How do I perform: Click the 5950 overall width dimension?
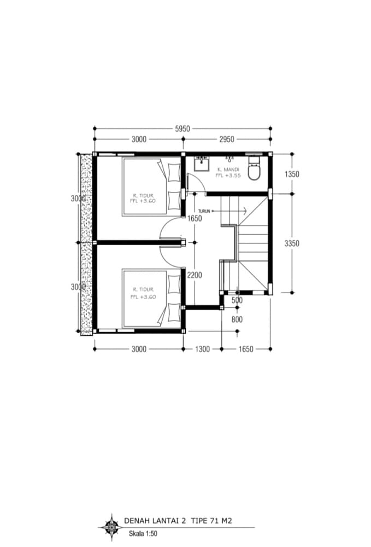[182, 129]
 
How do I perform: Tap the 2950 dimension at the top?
[227, 139]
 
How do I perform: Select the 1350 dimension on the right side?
[292, 174]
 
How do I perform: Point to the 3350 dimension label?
[292, 243]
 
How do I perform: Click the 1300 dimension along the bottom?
[202, 349]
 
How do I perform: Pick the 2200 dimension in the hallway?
[195, 275]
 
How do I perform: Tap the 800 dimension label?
[237, 319]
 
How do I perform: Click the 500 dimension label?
[237, 300]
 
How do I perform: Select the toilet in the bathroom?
[255, 168]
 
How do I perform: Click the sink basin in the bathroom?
[202, 163]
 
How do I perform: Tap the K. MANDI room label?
[228, 170]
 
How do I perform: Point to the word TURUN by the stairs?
[204, 211]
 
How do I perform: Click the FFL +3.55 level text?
[228, 176]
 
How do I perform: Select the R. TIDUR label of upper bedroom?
[143, 196]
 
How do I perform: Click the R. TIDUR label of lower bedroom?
[143, 289]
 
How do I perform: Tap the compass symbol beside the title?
[112, 527]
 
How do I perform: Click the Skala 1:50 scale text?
[143, 533]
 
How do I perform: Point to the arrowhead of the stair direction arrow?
[245, 211]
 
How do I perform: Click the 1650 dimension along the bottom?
[246, 349]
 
